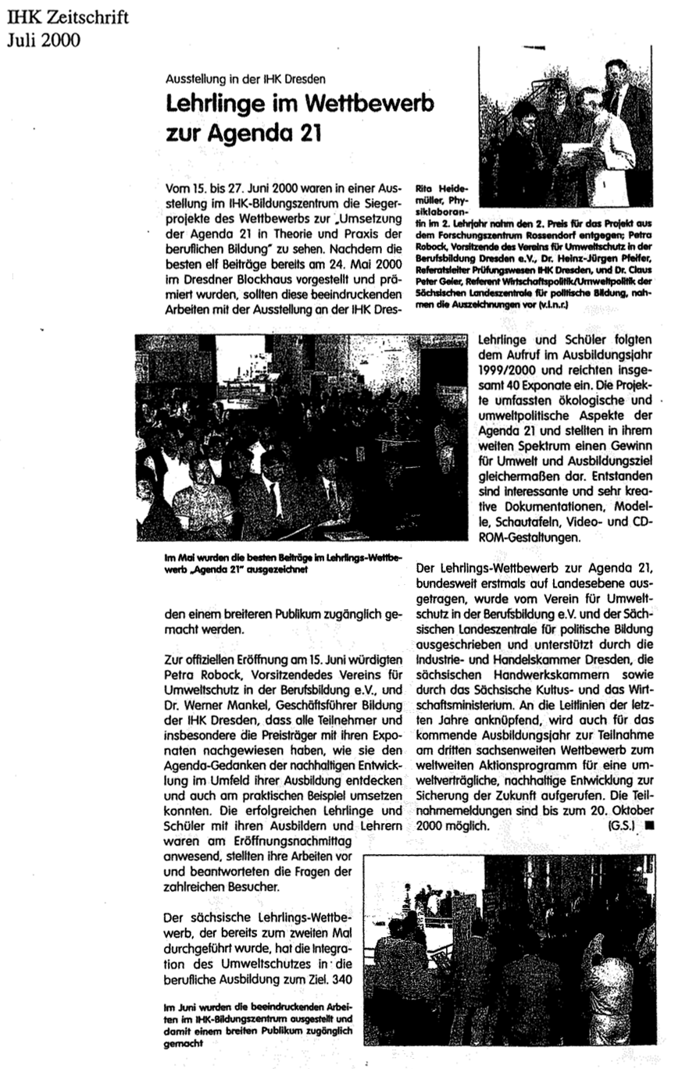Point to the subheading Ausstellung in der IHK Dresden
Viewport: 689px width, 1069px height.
pos(245,78)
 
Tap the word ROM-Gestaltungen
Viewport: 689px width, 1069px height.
pos(534,538)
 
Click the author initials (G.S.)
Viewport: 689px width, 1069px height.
pos(620,823)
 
